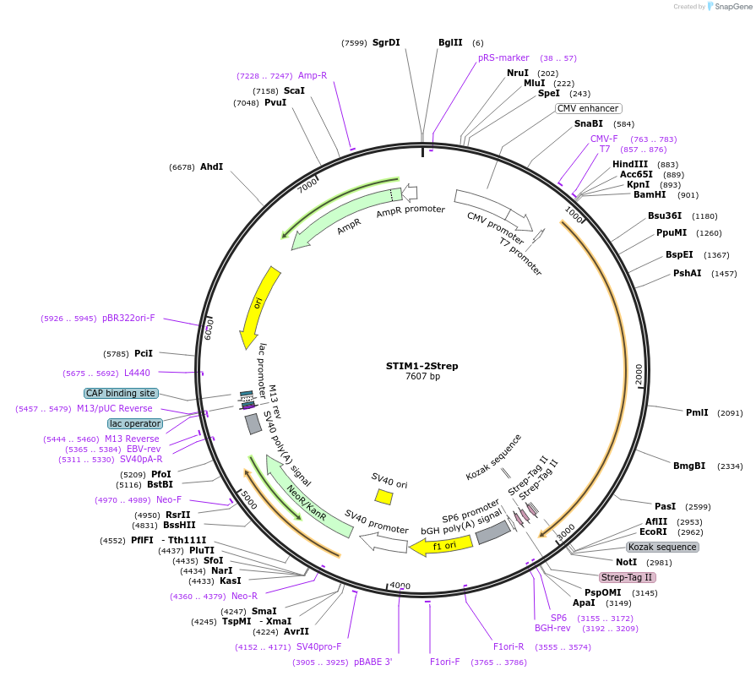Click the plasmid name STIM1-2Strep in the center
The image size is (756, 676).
pos(422,366)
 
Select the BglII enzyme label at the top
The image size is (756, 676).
pos(450,42)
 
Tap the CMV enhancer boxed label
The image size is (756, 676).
pos(588,108)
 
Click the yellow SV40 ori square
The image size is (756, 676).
pos(383,497)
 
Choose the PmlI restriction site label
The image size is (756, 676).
pos(697,412)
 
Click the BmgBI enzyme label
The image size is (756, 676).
pos(689,466)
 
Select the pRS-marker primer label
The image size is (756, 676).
pos(503,57)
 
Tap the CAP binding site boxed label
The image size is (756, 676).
pos(121,393)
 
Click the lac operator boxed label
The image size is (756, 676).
pos(134,423)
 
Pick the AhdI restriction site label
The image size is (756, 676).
pos(211,166)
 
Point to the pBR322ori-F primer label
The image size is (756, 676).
pos(129,318)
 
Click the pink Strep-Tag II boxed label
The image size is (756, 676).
pos(627,577)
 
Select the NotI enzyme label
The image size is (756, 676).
pos(626,562)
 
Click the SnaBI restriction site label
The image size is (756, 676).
pos(589,123)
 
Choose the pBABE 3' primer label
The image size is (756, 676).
pos(373,662)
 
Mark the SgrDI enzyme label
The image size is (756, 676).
pos(386,42)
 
